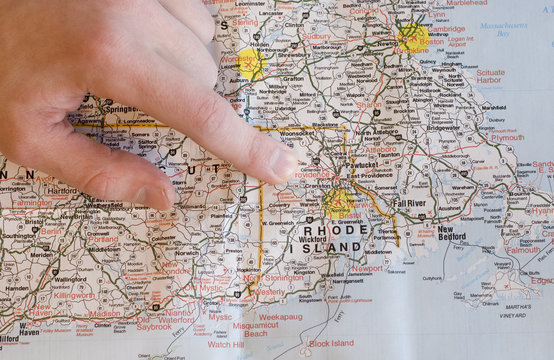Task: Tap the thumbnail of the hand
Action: pyautogui.click(x=152, y=196)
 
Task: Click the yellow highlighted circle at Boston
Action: pyautogui.click(x=413, y=38)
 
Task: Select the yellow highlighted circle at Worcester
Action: pyautogui.click(x=250, y=63)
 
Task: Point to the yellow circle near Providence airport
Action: pyautogui.click(x=338, y=204)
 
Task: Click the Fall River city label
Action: pyautogui.click(x=409, y=202)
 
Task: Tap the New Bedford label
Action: pyautogui.click(x=452, y=233)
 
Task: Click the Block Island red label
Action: pyautogui.click(x=331, y=343)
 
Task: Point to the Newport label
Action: pyautogui.click(x=366, y=268)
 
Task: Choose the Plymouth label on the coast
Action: pyautogui.click(x=507, y=138)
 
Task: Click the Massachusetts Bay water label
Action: pyautogui.click(x=503, y=30)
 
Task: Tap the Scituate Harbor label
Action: pyautogui.click(x=490, y=77)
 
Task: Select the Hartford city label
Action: pyautogui.click(x=61, y=190)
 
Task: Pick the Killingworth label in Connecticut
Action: pyautogui.click(x=74, y=296)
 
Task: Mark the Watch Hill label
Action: pyautogui.click(x=225, y=344)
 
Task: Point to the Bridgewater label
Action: pyautogui.click(x=443, y=128)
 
